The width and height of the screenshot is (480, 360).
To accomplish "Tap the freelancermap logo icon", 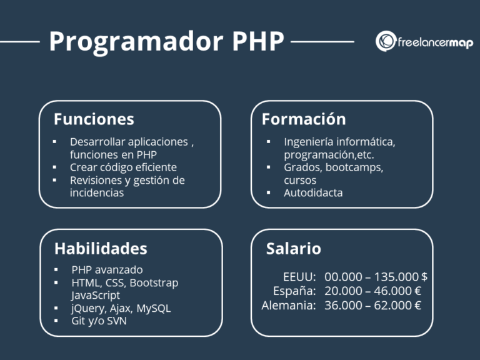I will pos(387,41).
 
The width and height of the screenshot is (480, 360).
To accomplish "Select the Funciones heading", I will pos(94,119).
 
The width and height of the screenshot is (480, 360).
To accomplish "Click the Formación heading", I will pos(304,119).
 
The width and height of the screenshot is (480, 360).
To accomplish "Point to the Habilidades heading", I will pos(101,248).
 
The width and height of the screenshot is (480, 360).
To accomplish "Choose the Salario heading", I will pos(294,248).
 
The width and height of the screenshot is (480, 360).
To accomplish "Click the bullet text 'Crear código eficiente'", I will pos(123,167).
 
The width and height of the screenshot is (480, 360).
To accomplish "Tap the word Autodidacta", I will pos(313,193).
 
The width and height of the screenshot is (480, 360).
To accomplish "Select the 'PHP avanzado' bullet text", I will pos(107,270).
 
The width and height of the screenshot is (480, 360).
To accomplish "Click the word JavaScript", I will pos(96,295).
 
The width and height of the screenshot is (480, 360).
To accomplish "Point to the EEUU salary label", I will pos(299,277).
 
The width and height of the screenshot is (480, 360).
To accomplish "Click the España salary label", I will pos(294,291).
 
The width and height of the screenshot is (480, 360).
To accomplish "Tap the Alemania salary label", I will pos(289,305).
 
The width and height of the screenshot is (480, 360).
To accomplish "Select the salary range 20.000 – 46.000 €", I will pos(372,291).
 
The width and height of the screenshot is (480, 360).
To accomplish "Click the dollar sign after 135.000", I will pos(424,277).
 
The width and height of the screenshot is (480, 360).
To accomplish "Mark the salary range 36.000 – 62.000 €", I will pos(372,305).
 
